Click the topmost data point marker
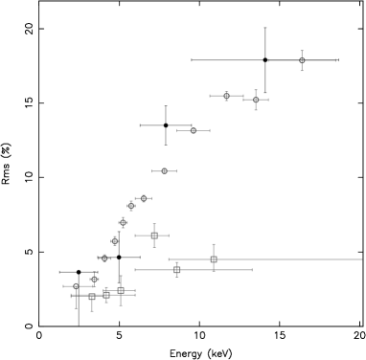(302, 60)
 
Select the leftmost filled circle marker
(76, 286)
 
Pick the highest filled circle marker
(226, 96)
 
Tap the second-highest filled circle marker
(193, 130)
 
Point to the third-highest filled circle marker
(164, 171)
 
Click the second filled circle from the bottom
(94, 279)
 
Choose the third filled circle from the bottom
(104, 259)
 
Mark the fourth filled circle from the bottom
(115, 240)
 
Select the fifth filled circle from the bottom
(123, 222)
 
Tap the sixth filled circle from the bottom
(131, 206)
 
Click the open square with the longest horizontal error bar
(214, 259)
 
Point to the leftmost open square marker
(92, 297)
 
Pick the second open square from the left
(106, 294)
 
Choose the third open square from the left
(121, 290)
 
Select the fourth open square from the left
(153, 235)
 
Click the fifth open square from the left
(177, 270)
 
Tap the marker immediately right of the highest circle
(256, 99)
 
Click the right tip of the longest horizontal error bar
(362, 259)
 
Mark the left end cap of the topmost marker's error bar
(268, 60)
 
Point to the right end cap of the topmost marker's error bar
(335, 60)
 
